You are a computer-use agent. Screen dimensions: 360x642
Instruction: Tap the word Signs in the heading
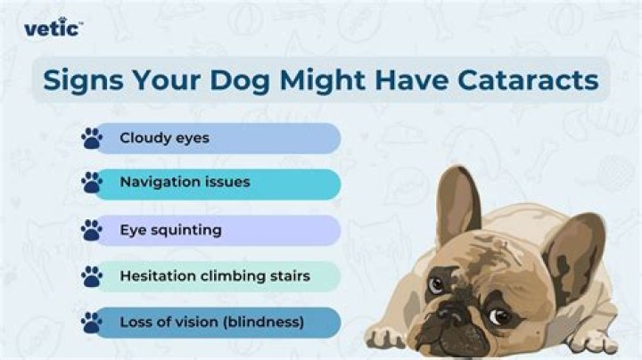[86, 80]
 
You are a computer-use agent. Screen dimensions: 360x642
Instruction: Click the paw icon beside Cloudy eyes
[92, 138]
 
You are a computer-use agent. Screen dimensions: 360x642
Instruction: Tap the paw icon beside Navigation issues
[92, 183]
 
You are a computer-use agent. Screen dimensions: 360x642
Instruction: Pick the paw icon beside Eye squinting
[92, 230]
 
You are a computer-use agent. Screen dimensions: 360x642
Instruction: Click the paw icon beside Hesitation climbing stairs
[92, 276]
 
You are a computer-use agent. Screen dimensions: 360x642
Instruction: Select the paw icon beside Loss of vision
[92, 322]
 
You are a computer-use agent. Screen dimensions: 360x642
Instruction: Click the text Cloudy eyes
[164, 138]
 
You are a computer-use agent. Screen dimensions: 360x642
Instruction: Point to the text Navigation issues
[185, 182]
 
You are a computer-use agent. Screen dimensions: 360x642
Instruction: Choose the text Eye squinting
[170, 230]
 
